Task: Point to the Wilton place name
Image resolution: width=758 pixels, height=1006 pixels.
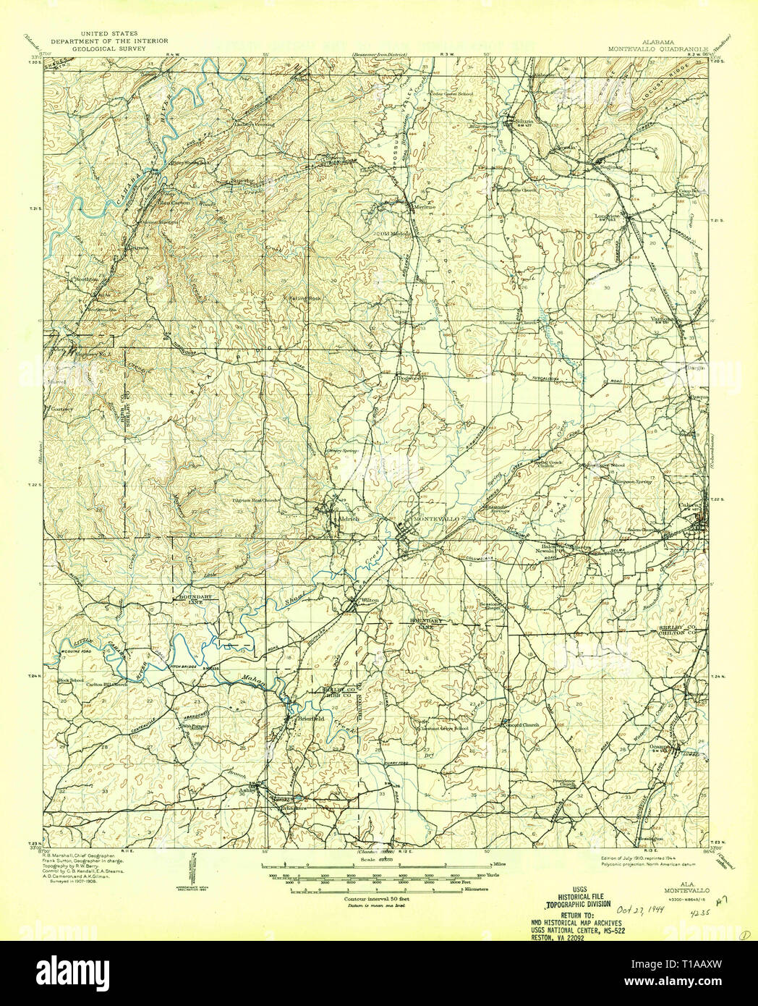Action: click(370, 600)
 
